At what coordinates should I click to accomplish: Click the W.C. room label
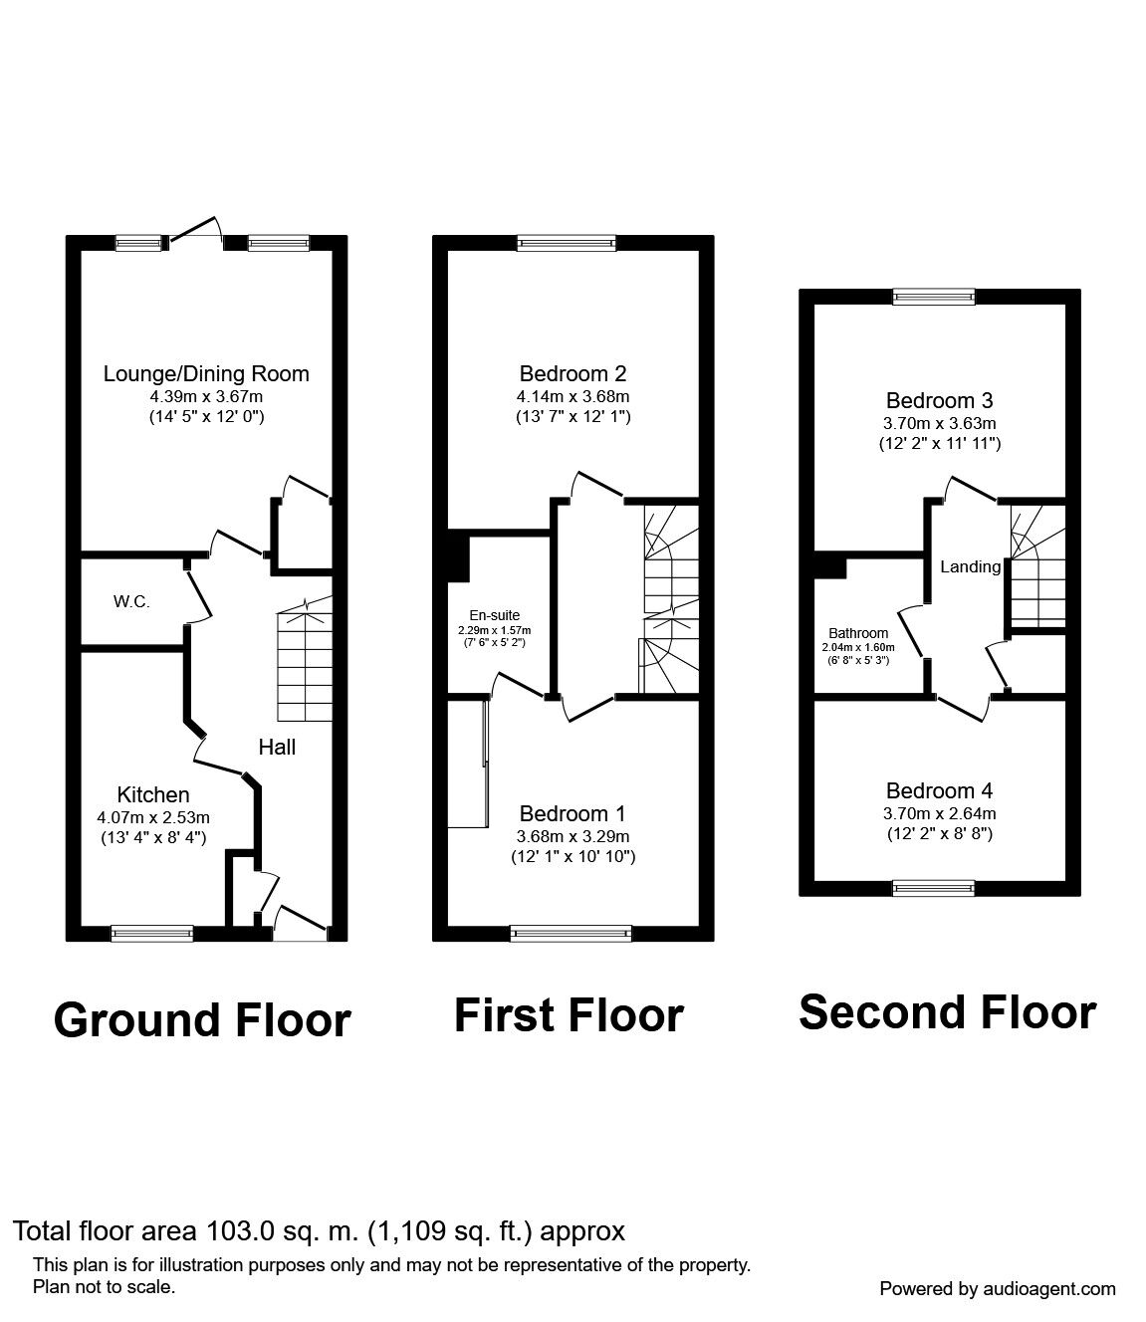point(131,602)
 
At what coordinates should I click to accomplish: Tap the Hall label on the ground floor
point(277,747)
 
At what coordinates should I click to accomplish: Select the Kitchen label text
point(153,795)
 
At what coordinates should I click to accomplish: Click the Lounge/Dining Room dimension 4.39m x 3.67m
point(207,396)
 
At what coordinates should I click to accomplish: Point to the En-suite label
point(495,615)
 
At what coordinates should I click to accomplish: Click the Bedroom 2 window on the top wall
point(567,243)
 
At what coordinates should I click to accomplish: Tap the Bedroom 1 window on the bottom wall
point(572,934)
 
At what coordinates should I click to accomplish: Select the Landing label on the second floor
point(970,566)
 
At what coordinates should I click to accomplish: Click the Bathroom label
point(858,633)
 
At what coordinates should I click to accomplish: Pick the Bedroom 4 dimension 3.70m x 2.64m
point(939,814)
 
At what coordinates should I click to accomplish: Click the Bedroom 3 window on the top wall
point(935,297)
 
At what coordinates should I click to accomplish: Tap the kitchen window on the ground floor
point(152,934)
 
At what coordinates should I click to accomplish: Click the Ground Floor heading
point(202,1020)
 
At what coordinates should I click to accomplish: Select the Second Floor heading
point(948,1013)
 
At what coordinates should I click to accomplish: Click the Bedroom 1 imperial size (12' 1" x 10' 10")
point(573,856)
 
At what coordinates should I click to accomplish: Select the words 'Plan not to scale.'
point(105,1287)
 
